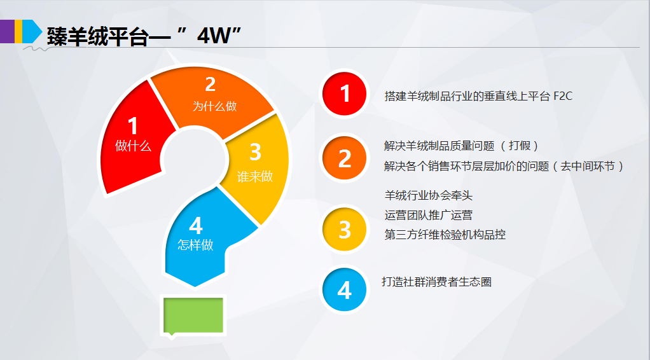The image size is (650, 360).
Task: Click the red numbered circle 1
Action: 345,93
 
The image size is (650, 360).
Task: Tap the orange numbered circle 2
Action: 345,158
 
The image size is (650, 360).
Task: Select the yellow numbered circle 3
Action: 345,230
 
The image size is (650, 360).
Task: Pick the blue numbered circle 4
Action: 345,289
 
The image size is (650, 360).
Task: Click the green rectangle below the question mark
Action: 193,315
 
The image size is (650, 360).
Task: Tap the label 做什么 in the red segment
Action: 133,146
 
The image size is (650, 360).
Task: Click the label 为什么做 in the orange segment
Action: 214,106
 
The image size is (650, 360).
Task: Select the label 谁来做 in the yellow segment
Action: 255,176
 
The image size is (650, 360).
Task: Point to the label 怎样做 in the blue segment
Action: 195,245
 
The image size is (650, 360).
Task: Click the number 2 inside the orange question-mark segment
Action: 210,85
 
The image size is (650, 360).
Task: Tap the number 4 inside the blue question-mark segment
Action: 196,226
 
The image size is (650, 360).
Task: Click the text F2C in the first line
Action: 563,96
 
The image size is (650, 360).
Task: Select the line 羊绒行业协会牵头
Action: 429,195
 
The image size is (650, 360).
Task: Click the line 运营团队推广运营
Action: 429,215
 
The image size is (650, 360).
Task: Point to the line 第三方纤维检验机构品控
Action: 445,235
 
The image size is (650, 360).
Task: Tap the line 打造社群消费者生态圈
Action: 436,282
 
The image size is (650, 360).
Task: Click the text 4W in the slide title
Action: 214,36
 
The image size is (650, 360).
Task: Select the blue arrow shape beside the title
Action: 32,32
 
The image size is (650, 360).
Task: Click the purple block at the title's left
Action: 7,32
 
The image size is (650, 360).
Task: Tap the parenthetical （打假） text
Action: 520,146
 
